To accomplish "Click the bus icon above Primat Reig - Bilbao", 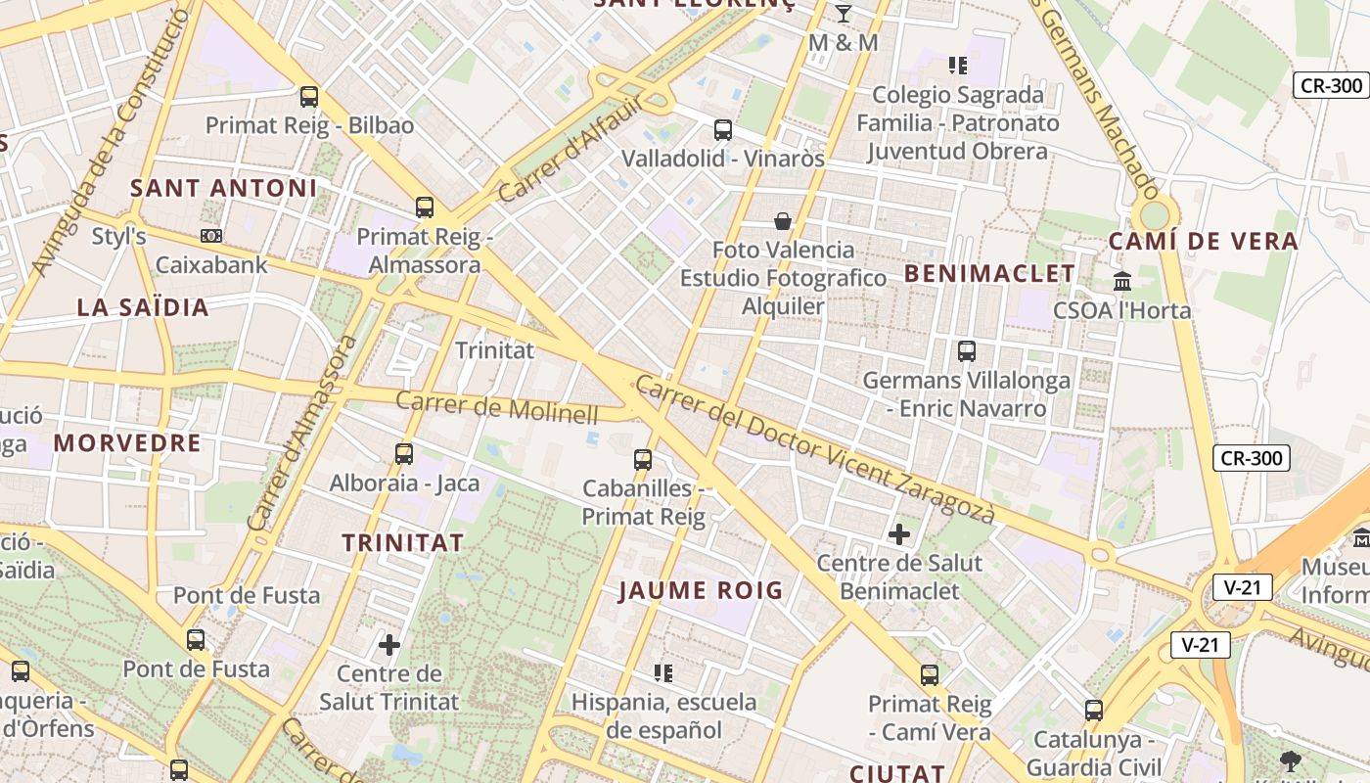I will pos(309,97).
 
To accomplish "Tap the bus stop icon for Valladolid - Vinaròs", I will pos(723,129).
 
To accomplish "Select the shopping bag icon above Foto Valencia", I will pos(783,220).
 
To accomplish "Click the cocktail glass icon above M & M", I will pos(844,14).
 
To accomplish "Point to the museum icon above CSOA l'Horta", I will pos(1122,282).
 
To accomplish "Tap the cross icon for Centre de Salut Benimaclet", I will pos(899,534).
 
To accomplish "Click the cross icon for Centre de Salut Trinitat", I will pos(389,645).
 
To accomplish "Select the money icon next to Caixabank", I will pos(211,236).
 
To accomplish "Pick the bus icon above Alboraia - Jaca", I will pos(404,454).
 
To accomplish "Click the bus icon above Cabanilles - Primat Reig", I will pos(643,459).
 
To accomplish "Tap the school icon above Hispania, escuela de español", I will pos(663,672).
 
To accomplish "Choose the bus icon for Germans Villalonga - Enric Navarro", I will pos(967,350).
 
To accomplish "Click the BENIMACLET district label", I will pos(989,274).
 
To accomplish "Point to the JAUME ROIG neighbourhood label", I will pos(702,590).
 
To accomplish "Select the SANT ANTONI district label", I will pos(224,188).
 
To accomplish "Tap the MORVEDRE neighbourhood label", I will pos(127,443).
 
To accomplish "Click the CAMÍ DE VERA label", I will pos(1204,241).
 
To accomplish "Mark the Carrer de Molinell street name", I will pos(496,407).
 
